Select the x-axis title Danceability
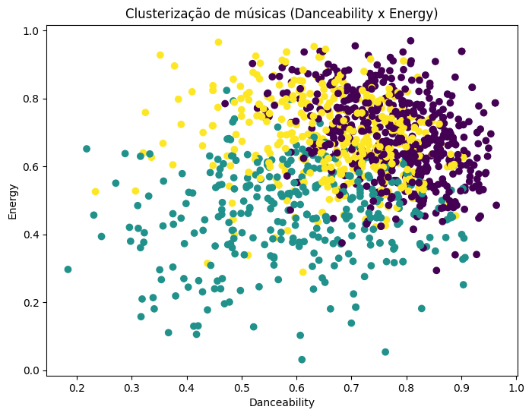281,402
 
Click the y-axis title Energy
12,201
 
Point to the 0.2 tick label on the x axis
77,389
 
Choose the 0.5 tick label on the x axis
242,389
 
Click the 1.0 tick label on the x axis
516,389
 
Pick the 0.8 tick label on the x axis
407,389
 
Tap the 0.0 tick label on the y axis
32,370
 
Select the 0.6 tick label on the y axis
32,166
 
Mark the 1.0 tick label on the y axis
32,30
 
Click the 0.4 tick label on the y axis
32,235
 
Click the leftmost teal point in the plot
68,269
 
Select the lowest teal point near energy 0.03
302,360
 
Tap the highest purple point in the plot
410,41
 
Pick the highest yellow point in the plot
218,43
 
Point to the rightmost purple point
496,205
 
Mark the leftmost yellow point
95,191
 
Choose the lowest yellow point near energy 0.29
303,272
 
